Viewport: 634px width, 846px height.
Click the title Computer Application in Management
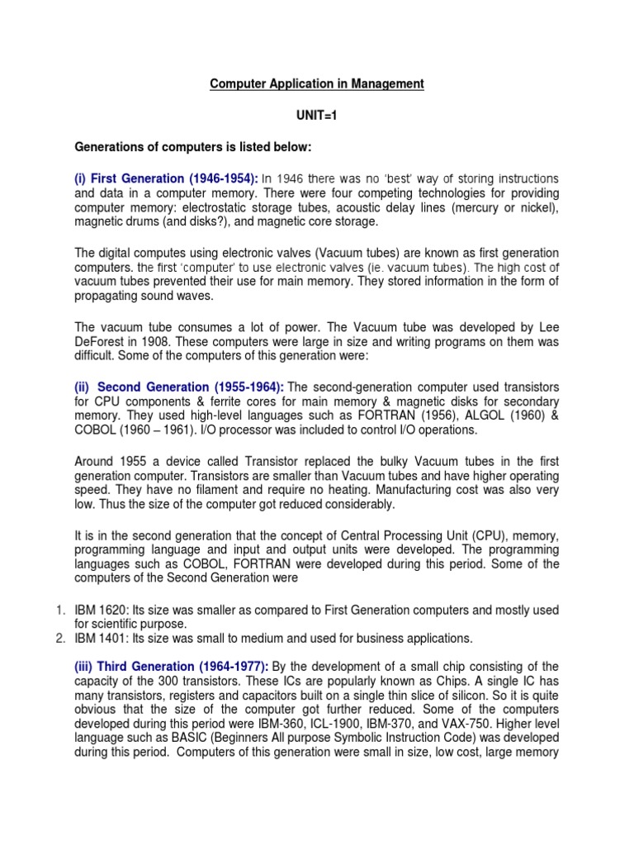[x=317, y=83]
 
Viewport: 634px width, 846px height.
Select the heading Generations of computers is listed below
[x=191, y=148]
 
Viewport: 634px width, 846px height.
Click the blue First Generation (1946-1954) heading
[x=167, y=179]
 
